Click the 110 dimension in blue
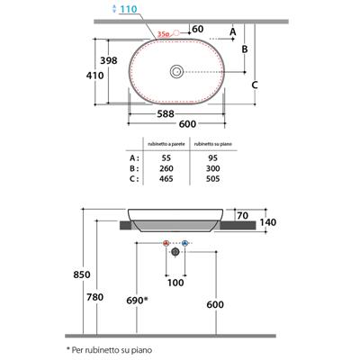tap(129, 9)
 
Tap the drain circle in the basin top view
tap(176, 72)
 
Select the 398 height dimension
tap(109, 60)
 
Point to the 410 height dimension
tap(95, 76)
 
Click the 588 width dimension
tap(166, 114)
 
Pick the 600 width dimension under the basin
tap(187, 124)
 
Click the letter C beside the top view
tap(255, 85)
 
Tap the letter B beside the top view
tap(245, 49)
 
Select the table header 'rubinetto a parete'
tap(166, 144)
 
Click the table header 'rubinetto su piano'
tap(213, 144)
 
